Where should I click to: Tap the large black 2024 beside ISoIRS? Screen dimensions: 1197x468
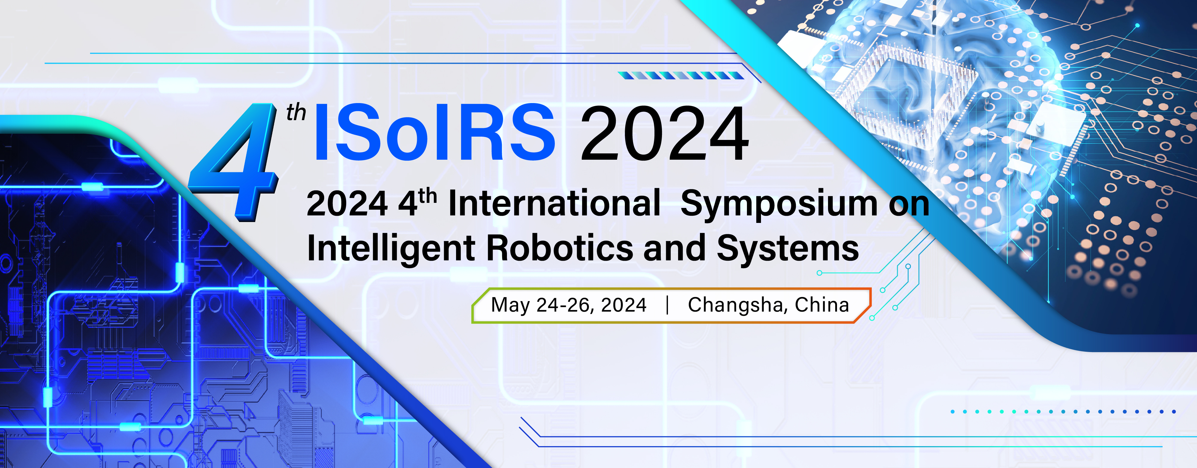tap(664, 134)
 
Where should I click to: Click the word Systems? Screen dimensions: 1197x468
tap(788, 249)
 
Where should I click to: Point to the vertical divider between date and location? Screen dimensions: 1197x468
tap(667, 305)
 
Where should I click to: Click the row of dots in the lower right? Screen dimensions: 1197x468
tap(1063, 412)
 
